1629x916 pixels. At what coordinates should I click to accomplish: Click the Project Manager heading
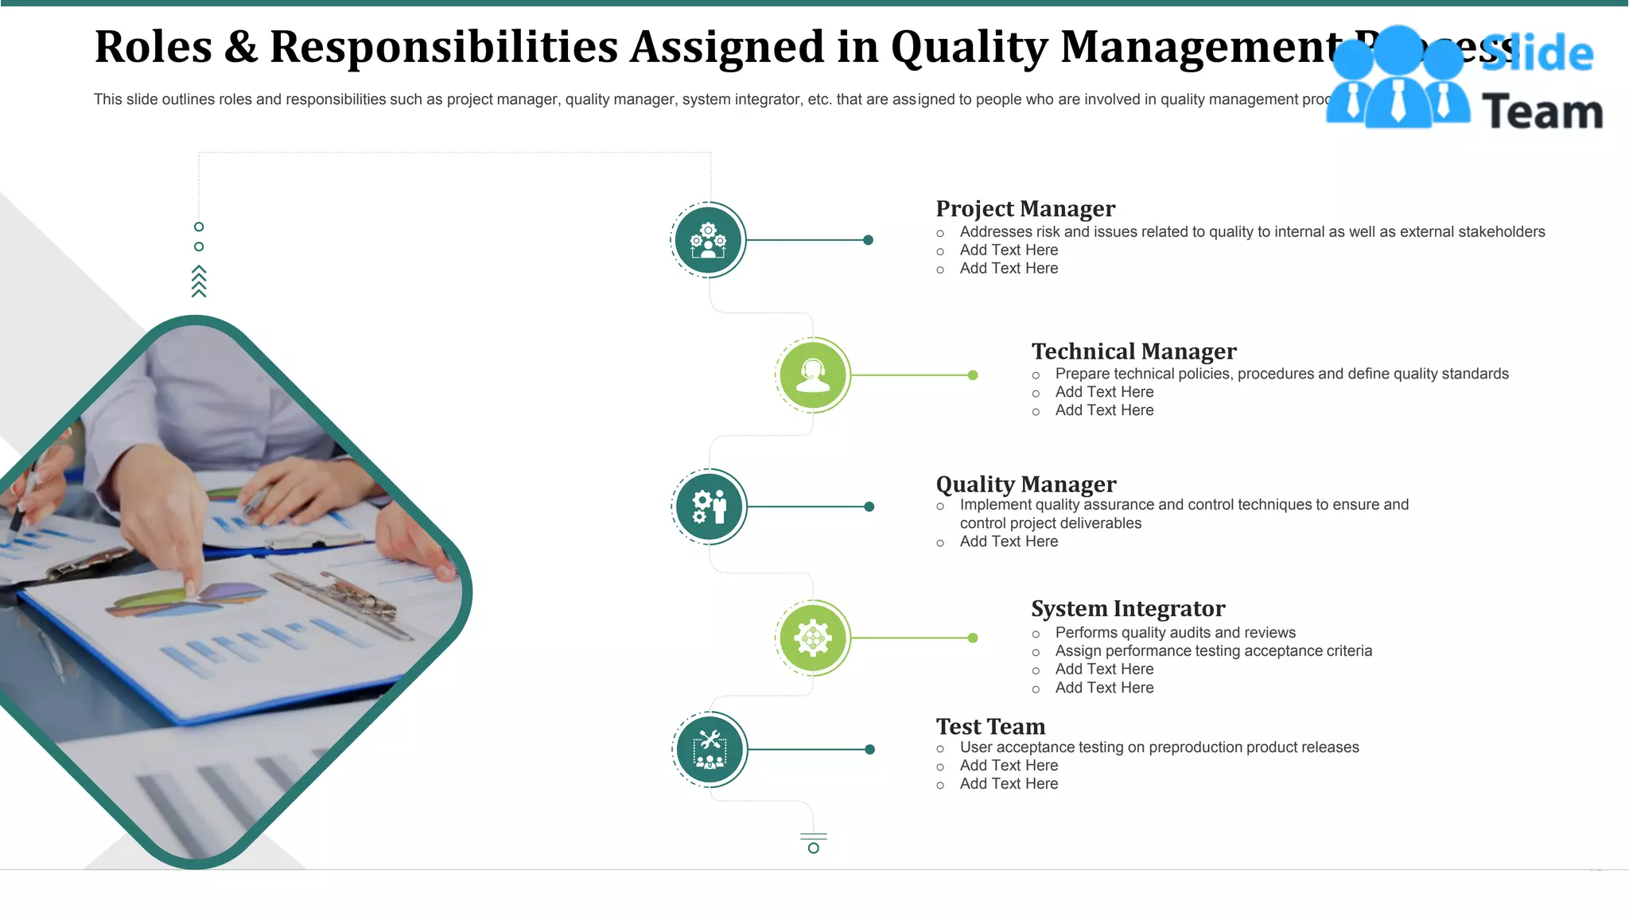[x=1025, y=209]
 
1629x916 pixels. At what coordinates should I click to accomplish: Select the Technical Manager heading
[x=1133, y=351]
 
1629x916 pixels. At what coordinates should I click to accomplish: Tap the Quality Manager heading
[x=1026, y=484]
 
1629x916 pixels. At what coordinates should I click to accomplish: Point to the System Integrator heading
[x=1128, y=609]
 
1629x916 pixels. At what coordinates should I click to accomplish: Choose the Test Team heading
[x=990, y=727]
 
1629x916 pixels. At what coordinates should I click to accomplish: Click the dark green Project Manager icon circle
[x=708, y=240]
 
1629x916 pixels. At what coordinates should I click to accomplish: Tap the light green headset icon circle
[x=813, y=375]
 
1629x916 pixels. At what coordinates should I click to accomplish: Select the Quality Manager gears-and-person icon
[x=709, y=507]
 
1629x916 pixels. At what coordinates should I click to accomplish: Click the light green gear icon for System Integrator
[x=813, y=638]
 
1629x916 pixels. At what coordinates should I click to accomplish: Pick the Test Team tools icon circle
[x=710, y=749]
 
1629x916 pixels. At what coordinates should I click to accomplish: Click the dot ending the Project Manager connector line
[x=869, y=240]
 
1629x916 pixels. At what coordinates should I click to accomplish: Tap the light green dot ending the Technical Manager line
[x=973, y=375]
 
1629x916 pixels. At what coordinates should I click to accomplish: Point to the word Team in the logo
[x=1542, y=111]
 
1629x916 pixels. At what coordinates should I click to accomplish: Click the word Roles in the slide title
[x=154, y=47]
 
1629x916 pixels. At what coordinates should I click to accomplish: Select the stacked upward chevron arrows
[x=199, y=281]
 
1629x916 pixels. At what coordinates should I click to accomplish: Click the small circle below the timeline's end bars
[x=813, y=848]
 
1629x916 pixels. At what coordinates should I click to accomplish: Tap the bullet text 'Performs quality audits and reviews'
[x=1175, y=633]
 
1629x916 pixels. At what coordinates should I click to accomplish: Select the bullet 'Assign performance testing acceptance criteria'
[x=1213, y=651]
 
